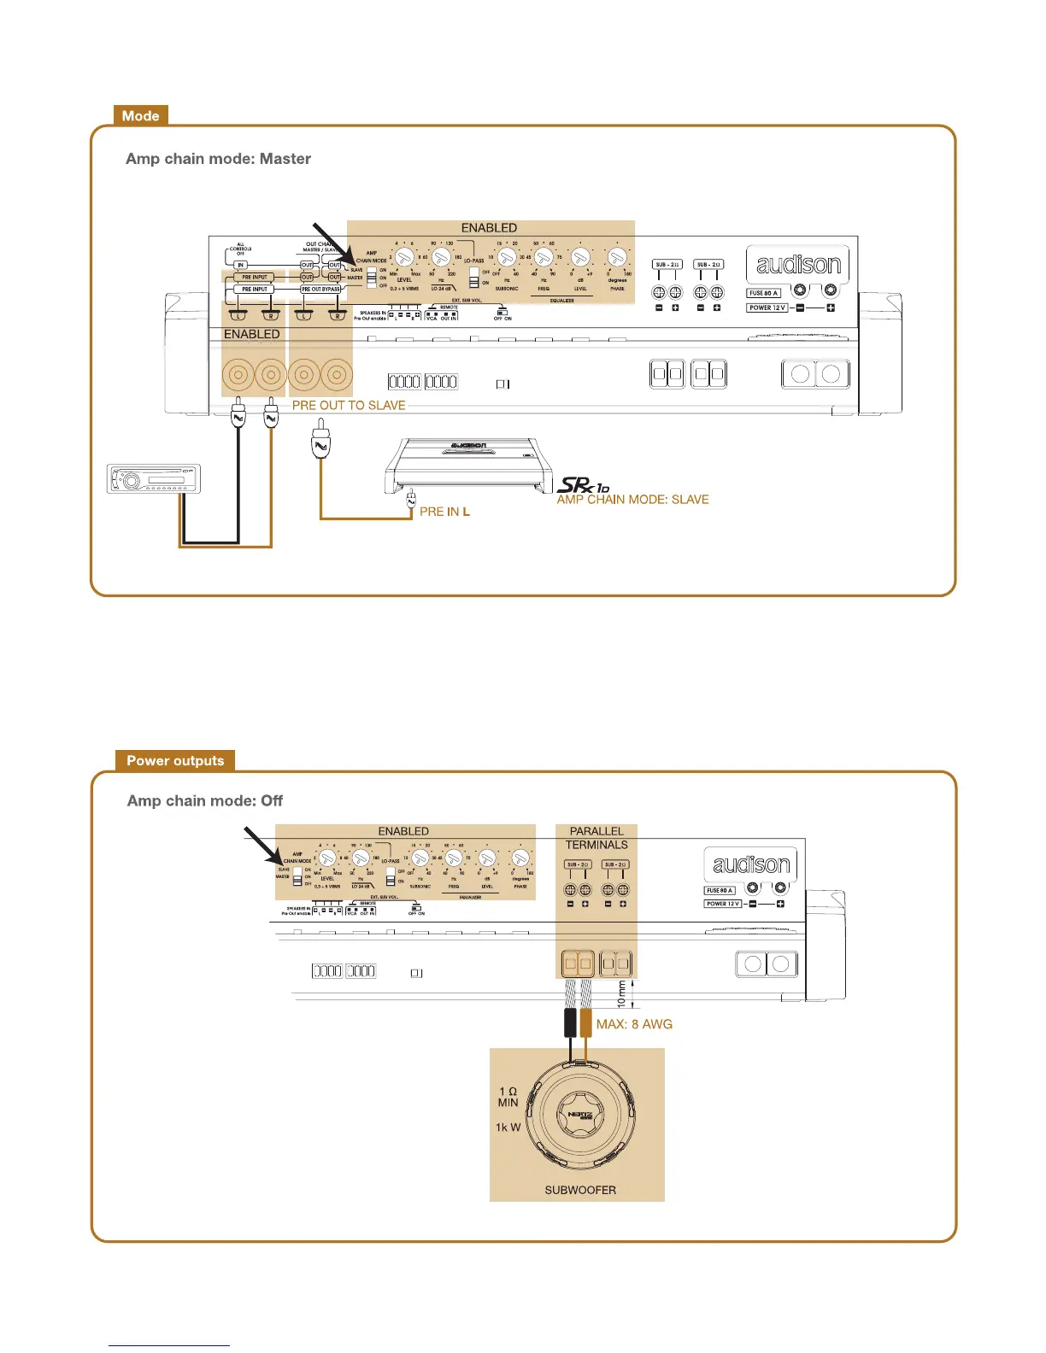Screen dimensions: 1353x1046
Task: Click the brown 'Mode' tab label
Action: click(x=141, y=116)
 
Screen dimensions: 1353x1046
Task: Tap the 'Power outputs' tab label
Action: click(x=175, y=761)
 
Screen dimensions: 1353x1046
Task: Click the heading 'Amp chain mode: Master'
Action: click(x=218, y=159)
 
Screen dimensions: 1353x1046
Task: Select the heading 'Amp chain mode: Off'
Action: click(x=205, y=801)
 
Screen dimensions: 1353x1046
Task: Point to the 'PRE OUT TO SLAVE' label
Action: click(x=349, y=406)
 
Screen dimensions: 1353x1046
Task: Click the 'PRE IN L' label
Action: click(x=444, y=512)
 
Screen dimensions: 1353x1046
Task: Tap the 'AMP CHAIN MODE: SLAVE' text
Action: click(x=632, y=500)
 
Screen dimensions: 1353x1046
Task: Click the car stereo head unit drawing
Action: click(x=153, y=479)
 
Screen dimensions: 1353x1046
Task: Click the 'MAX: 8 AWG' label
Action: click(x=634, y=1024)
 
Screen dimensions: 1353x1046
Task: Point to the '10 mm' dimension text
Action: click(x=621, y=993)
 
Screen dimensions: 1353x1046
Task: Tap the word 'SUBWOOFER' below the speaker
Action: click(x=580, y=1190)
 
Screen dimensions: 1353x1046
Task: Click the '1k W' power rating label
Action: click(x=508, y=1127)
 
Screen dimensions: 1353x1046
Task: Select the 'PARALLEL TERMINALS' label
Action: click(x=596, y=838)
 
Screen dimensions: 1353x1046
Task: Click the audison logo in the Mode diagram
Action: click(x=798, y=265)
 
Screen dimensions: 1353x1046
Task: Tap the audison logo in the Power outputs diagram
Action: click(x=750, y=864)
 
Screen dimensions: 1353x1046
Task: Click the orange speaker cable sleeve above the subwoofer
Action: click(x=585, y=1022)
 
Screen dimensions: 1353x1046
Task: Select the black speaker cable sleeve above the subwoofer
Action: click(x=570, y=1022)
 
